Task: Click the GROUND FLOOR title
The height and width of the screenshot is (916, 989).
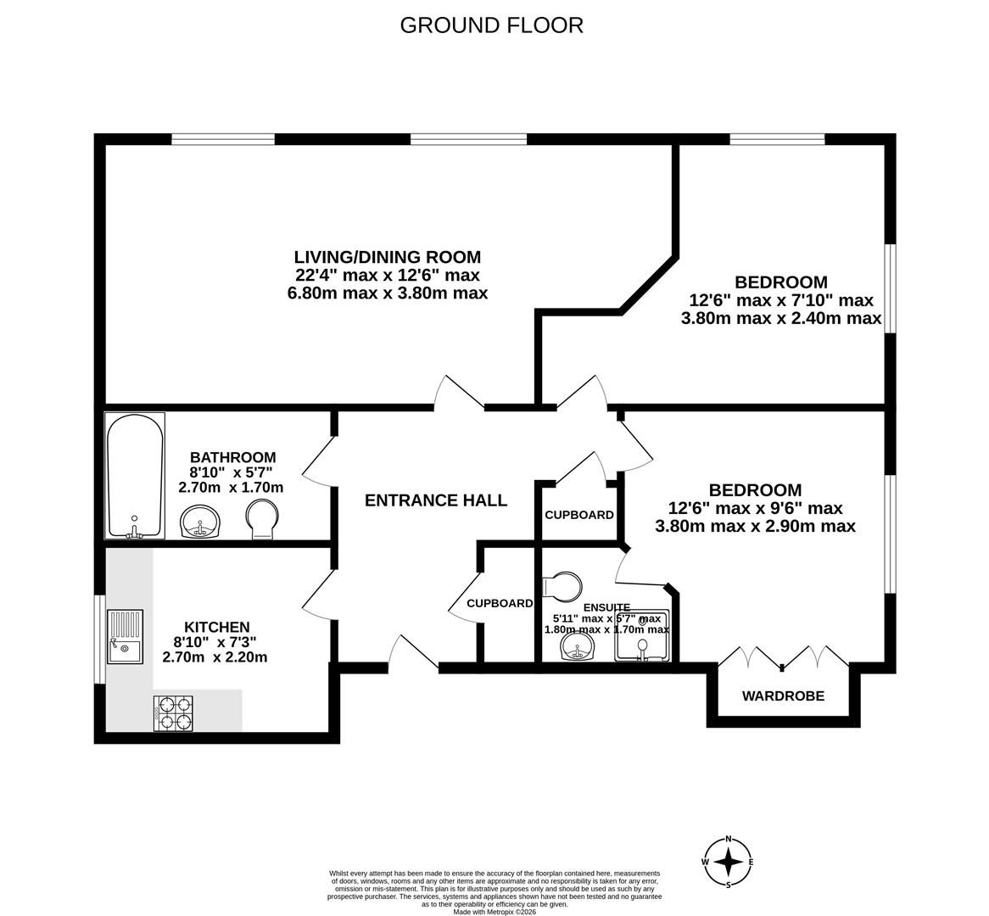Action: tap(491, 25)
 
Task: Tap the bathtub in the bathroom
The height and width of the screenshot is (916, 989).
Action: tap(135, 475)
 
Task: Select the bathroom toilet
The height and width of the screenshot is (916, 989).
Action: tap(261, 518)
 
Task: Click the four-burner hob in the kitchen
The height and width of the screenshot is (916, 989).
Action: tap(173, 713)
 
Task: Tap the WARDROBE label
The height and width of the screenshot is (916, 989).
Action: tap(783, 696)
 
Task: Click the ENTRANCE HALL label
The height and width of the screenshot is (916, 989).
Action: tap(436, 500)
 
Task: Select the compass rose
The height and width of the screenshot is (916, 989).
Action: tap(728, 863)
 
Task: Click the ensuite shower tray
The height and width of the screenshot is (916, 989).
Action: tap(642, 636)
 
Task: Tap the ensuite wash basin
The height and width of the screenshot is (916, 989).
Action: tap(578, 649)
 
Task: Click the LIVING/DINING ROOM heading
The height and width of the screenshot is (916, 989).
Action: tap(387, 257)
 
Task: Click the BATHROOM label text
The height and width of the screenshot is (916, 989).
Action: tap(232, 458)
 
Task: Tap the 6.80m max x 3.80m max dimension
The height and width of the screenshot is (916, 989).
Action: tap(387, 293)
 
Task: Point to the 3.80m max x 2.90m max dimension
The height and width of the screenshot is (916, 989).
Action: tap(755, 527)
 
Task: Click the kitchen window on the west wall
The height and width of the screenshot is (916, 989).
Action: tap(98, 639)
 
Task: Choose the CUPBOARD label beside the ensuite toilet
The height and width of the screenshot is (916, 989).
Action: tap(500, 604)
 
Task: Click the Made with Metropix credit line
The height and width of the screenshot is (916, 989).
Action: tap(494, 912)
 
